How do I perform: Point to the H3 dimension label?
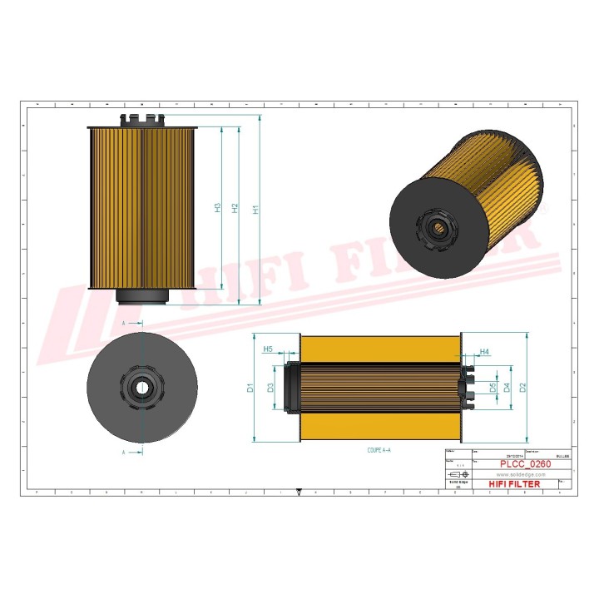pos(216,206)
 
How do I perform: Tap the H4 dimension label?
pos(472,352)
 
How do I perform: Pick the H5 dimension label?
pos(267,349)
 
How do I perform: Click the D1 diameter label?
pos(250,387)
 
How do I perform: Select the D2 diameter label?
pos(522,387)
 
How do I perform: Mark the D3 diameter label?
pos(270,387)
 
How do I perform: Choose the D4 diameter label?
pos(507,387)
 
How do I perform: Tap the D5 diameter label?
pos(493,387)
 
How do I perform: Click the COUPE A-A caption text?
pos(379,449)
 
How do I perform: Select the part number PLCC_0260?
pos(525,463)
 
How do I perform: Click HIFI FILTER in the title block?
pos(512,483)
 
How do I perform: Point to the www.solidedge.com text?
pos(514,473)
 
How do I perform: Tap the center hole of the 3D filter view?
pos(435,226)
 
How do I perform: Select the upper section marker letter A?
pos(124,322)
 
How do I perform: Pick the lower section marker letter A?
pos(124,453)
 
